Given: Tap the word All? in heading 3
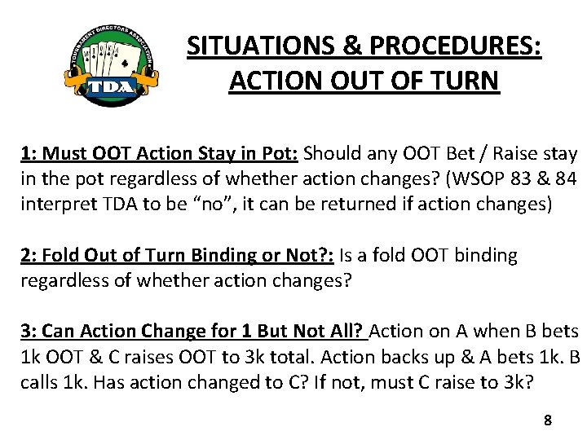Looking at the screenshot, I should [x=344, y=332].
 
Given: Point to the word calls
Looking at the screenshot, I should [x=42, y=383].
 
